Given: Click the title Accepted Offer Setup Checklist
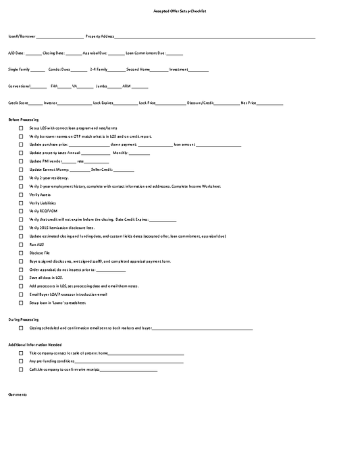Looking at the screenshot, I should (x=180, y=12).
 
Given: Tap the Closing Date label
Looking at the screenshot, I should (x=53, y=53).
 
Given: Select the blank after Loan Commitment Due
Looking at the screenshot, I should (x=174, y=53).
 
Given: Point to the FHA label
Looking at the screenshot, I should (x=54, y=86).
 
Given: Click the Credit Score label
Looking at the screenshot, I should (x=18, y=103).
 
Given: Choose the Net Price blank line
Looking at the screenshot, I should (x=269, y=104).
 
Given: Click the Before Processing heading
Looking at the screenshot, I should (x=23, y=120).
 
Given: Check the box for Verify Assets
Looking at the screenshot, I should (x=21, y=195).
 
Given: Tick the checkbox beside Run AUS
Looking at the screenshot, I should (x=21, y=244).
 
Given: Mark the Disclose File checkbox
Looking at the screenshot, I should (x=21, y=253).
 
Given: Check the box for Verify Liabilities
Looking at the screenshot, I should (x=21, y=203).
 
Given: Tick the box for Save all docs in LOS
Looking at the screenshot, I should (x=21, y=278).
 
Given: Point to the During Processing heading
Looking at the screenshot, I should (x=23, y=319).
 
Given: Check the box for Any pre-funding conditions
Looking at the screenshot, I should (x=21, y=361).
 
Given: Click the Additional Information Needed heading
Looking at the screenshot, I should (x=30, y=344).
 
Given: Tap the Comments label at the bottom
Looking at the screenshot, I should (x=18, y=394).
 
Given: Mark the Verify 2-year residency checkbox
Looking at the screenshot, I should (x=21, y=178).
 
